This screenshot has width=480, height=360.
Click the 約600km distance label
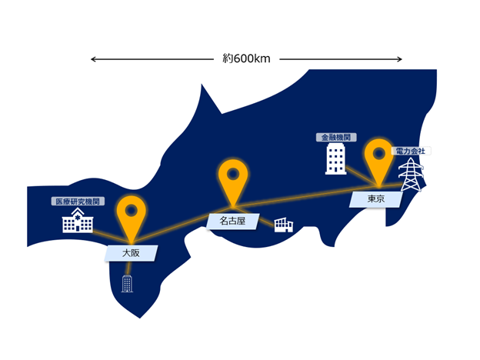coord(246,58)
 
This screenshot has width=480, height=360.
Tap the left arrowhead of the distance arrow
coord(92,59)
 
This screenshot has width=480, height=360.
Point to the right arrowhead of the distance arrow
coord(401,59)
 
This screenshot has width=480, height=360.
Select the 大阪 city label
coord(131,253)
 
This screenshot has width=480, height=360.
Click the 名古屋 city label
coord(232,221)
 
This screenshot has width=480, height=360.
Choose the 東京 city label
coord(376,199)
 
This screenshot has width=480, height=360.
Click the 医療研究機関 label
coord(78,202)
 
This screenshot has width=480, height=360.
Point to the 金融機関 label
coord(336,137)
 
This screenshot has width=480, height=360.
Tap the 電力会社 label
coord(411,151)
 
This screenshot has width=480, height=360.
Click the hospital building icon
coord(78,221)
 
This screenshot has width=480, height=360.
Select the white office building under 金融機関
coord(336,159)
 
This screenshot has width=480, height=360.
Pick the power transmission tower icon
coord(411,175)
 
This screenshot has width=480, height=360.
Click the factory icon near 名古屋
coord(284,225)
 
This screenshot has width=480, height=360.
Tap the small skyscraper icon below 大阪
coord(127,284)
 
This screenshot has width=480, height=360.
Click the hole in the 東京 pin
coord(379,153)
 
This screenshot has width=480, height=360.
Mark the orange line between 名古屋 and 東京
coord(306,196)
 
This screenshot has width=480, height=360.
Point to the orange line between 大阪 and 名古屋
coord(182,225)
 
